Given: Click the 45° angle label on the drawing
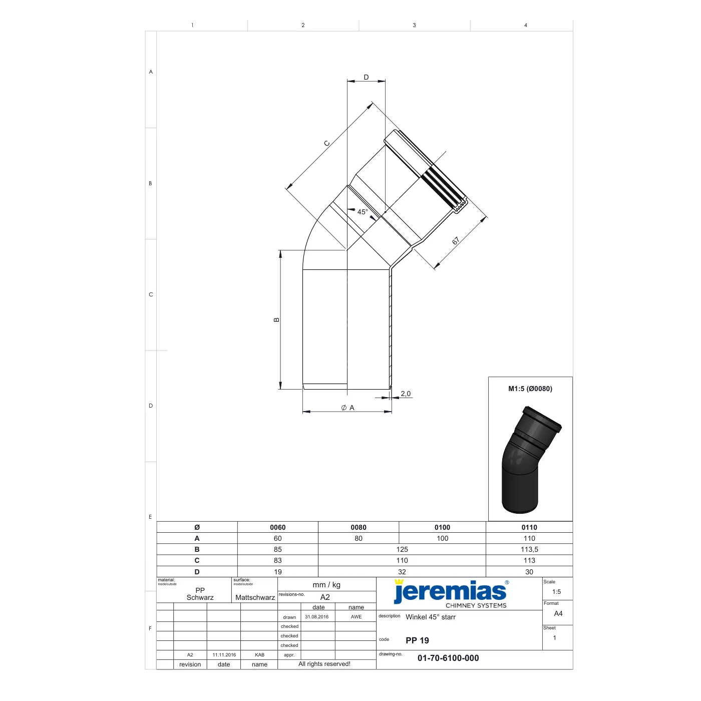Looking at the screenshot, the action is [363, 212].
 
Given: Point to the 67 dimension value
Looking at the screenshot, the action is [456, 241].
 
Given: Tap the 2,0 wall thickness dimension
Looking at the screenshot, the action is [406, 394].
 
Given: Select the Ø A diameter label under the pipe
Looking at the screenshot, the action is [348, 408].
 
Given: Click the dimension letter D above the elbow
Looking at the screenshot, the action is [367, 77].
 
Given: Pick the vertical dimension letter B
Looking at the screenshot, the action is [276, 320].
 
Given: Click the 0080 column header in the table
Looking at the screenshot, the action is [359, 527].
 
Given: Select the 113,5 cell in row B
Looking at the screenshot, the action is [529, 550].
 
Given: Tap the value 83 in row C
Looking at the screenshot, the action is [277, 561].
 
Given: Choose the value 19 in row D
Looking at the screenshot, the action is [277, 572].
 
